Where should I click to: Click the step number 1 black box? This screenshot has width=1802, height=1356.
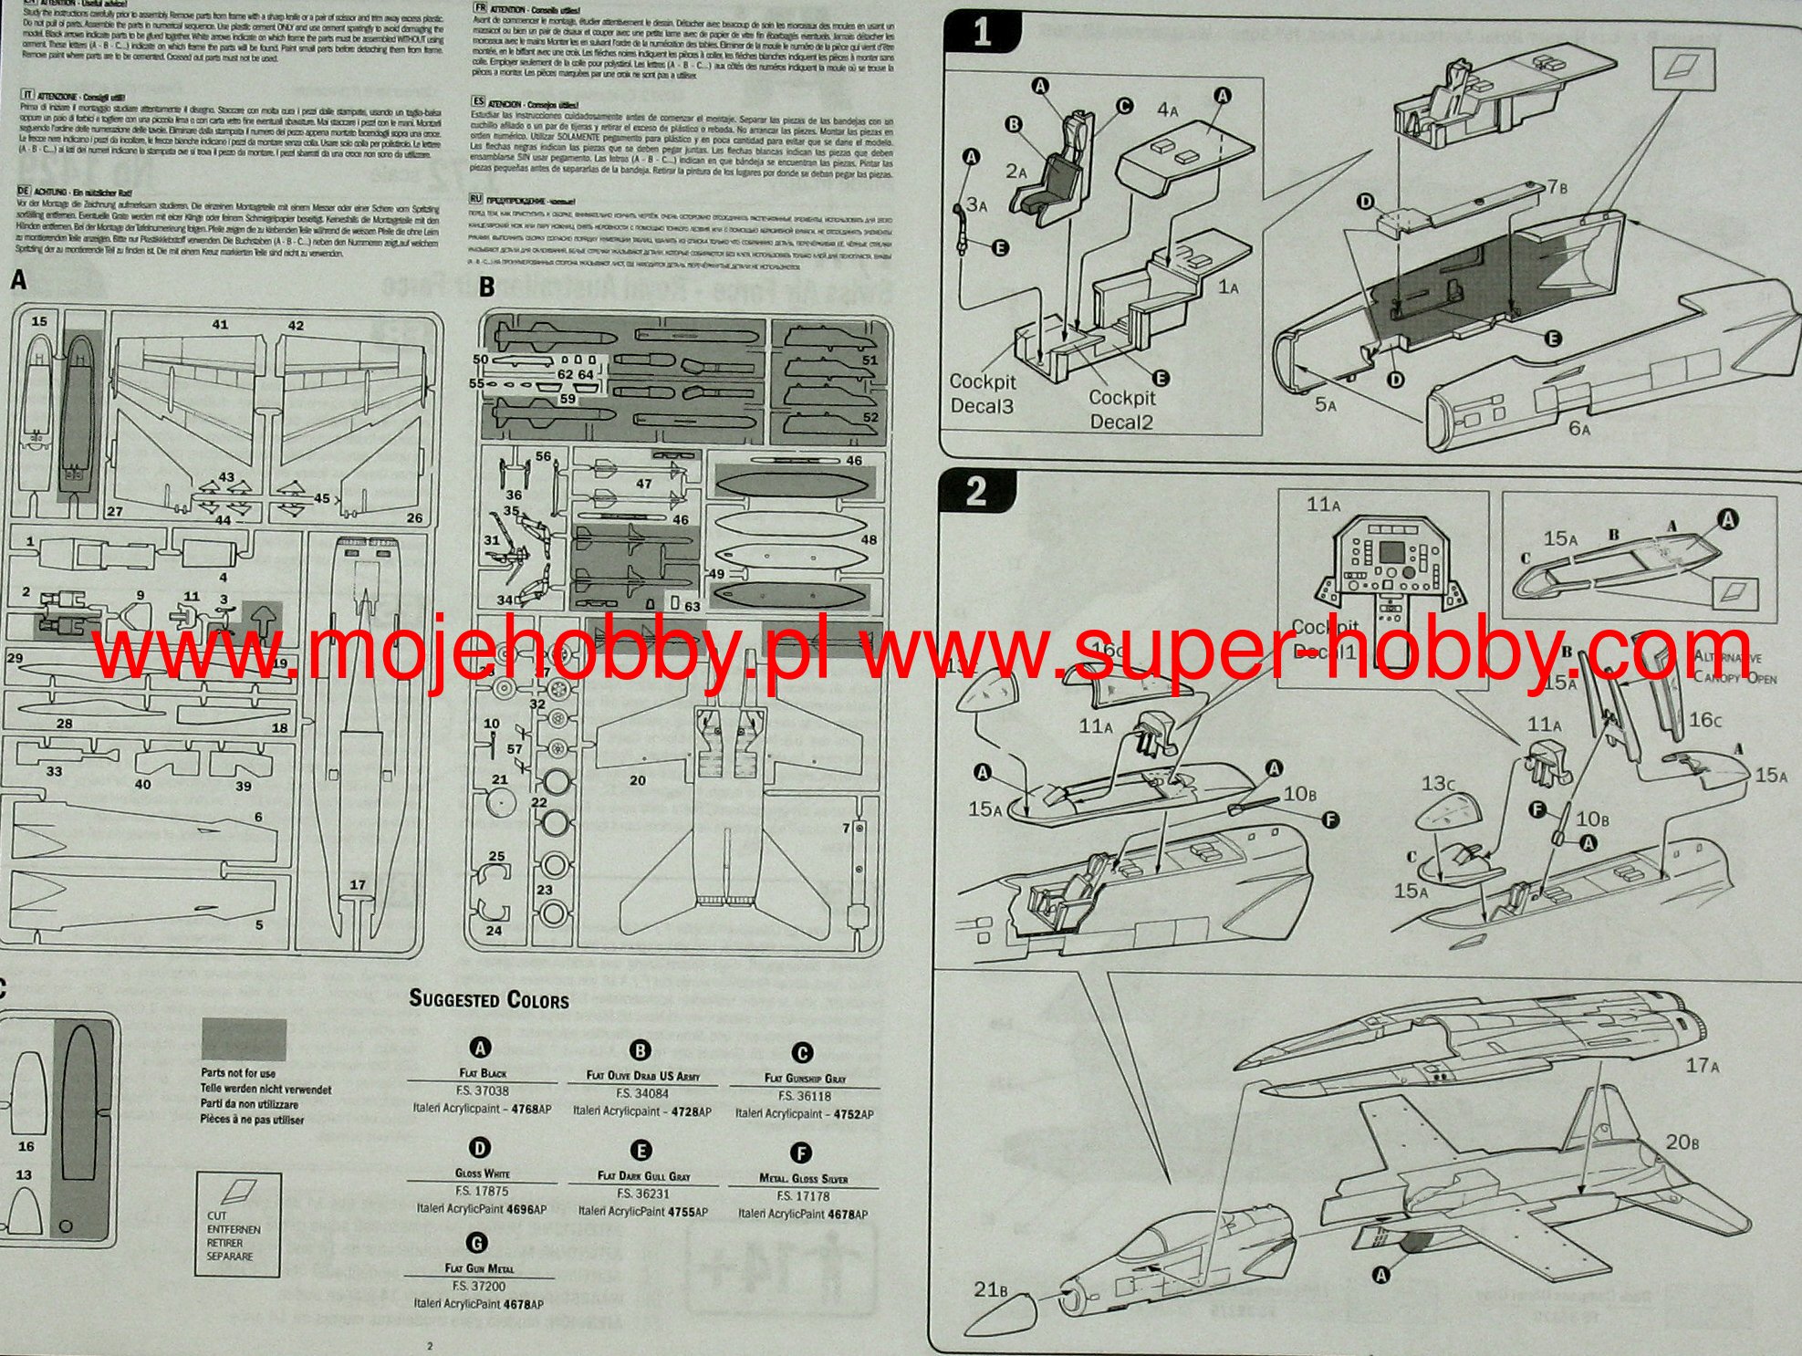982,33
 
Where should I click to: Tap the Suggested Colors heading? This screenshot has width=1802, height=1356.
489,999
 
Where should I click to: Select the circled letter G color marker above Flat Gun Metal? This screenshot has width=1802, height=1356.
476,1243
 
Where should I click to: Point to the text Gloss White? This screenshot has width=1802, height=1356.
482,1173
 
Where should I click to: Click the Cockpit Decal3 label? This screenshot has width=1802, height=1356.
982,393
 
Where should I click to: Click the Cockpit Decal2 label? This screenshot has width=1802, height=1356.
1121,410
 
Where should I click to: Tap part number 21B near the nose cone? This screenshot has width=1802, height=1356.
989,1289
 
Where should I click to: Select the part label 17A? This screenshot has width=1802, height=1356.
1703,1064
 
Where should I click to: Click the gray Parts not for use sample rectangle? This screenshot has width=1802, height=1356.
244,1039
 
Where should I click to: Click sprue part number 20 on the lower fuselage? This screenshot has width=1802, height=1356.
637,780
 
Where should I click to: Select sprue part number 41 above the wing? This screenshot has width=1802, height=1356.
220,325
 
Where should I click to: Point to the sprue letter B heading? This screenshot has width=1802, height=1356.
487,287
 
